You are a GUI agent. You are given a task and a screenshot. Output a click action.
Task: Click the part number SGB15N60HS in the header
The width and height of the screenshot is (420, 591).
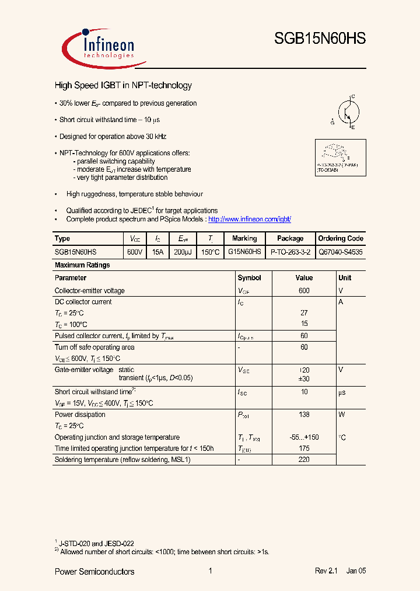(320, 39)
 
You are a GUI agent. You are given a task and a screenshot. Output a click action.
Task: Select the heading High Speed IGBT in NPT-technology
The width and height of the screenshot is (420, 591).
(123, 85)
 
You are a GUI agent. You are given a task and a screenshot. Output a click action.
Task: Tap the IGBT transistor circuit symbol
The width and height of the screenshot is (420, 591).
(348, 112)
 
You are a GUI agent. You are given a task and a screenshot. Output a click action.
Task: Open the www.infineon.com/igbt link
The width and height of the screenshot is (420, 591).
(249, 219)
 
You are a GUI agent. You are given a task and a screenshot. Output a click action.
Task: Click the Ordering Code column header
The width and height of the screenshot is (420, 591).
(341, 238)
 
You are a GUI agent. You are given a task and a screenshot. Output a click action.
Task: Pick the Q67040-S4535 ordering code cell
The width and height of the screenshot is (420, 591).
(341, 252)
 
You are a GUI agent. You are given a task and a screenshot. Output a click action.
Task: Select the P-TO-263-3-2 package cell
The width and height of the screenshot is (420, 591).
(290, 252)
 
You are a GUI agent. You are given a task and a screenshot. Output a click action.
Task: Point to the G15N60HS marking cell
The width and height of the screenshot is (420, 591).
(244, 252)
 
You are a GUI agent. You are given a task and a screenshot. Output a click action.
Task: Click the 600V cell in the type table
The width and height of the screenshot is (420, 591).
(134, 252)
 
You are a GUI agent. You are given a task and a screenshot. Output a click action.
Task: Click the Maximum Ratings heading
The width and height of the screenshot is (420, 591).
(82, 265)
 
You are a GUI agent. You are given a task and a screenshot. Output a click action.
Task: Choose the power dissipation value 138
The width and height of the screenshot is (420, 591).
(304, 415)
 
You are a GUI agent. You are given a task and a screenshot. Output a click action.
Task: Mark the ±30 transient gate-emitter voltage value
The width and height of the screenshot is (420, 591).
(304, 378)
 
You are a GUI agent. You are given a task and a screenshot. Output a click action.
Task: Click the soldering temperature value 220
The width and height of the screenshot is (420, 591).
(304, 460)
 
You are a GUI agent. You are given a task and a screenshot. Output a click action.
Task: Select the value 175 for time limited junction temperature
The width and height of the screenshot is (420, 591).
(304, 449)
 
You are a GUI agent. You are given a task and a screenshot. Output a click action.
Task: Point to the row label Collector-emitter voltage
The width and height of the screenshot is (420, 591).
(89, 291)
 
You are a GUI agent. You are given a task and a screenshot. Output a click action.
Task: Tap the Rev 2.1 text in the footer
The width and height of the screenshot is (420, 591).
(327, 571)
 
